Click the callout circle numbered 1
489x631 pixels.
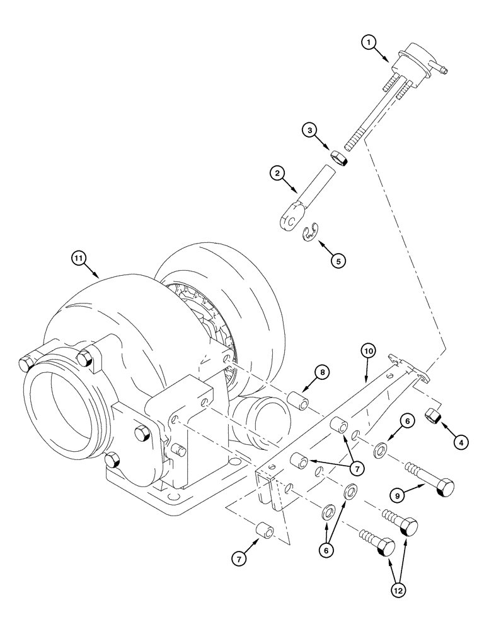pos(369,42)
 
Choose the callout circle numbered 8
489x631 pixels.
pos(321,373)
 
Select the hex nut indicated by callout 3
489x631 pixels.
pos(340,158)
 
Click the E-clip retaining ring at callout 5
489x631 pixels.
pos(308,233)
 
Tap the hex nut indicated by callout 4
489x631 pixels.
pos(434,416)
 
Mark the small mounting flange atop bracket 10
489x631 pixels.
pos(410,369)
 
